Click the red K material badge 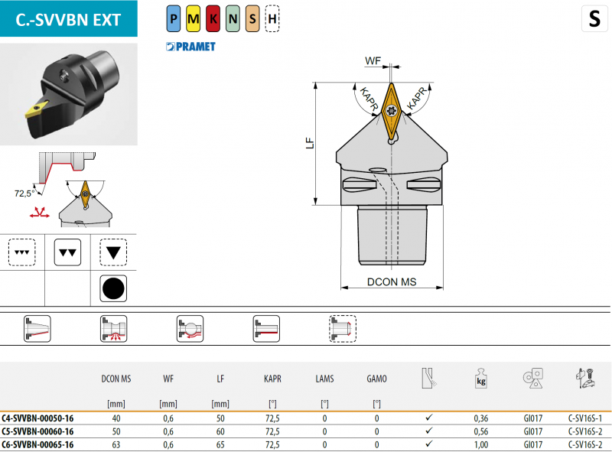[213, 18]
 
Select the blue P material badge [174, 18]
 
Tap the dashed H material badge [272, 18]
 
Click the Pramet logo [190, 47]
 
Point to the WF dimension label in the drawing [373, 61]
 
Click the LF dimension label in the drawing [310, 143]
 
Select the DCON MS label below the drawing [392, 281]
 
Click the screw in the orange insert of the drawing [392, 111]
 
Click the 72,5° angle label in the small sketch [24, 193]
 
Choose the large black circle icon [113, 288]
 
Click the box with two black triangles [67, 252]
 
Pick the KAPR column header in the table [272, 379]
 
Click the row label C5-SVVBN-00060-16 [37, 431]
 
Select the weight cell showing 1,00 [481, 444]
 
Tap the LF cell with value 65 [220, 444]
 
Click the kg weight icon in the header [481, 378]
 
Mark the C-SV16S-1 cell [585, 418]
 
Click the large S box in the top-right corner [594, 18]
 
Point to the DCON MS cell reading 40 [116, 418]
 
